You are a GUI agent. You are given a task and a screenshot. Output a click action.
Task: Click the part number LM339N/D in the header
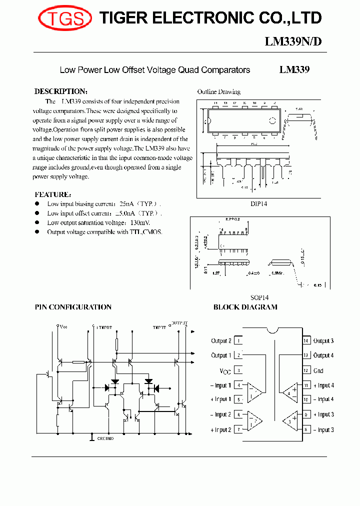[x=293, y=42]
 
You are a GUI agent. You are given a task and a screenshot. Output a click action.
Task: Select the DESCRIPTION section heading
[x=60, y=91]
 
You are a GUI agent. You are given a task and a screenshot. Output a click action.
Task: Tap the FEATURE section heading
[x=52, y=194]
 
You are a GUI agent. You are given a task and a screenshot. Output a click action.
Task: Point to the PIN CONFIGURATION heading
[x=73, y=307]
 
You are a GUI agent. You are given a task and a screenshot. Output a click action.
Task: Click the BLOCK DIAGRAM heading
[x=245, y=307]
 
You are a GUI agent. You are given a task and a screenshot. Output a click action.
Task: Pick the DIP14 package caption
[x=260, y=204]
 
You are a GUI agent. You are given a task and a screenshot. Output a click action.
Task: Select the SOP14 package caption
[x=259, y=297]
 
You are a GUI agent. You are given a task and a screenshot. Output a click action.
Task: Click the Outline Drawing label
[x=218, y=92]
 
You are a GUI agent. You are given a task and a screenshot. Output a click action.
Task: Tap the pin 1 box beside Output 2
[x=238, y=341]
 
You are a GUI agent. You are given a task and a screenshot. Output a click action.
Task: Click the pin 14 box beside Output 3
[x=305, y=341]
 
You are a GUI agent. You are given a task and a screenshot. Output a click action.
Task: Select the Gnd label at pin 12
[x=318, y=370]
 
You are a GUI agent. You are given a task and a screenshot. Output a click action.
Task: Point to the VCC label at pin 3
[x=225, y=371]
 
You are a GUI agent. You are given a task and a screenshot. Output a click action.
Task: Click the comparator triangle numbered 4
[x=289, y=392]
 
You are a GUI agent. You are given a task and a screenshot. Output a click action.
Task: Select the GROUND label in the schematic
[x=105, y=438]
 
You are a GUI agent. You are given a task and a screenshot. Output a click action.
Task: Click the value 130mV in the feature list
[x=139, y=223]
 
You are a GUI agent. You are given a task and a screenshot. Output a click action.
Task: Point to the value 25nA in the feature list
[x=125, y=204]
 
